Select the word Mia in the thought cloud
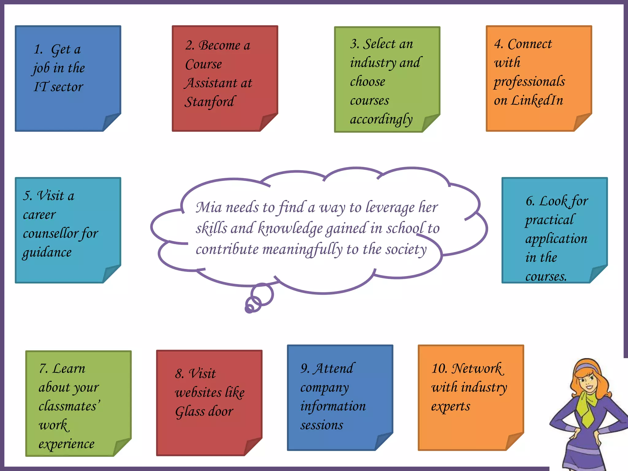209,208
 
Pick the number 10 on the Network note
439,368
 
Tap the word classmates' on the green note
69,406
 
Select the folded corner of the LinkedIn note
582,122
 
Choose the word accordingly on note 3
381,120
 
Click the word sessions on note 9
322,425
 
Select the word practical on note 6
549,220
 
